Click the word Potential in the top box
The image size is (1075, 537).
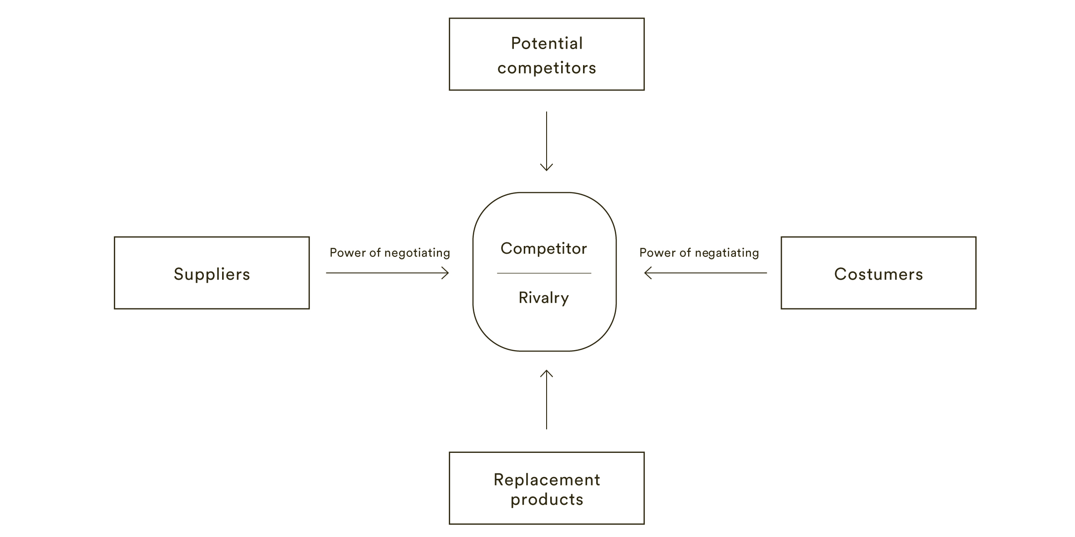(546, 44)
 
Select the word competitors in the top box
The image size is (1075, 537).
(546, 68)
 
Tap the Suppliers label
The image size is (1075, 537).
(212, 274)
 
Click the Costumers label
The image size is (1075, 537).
(878, 274)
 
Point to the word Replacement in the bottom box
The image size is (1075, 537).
(547, 480)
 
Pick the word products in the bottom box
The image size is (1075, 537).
(547, 500)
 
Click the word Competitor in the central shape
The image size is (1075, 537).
(543, 249)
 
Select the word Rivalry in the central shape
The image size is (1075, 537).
(543, 298)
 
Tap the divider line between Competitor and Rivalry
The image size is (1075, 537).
(544, 273)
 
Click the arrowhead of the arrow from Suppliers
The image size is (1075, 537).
(446, 273)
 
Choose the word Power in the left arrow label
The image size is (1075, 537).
(345, 253)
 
